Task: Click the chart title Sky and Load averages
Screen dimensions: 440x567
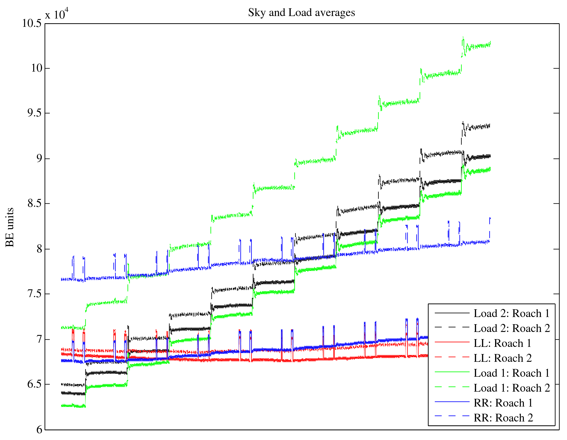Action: point(301,13)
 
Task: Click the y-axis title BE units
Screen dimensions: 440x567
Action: point(10,227)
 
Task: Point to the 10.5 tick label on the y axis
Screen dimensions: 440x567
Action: point(32,23)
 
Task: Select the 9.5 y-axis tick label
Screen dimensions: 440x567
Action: point(34,113)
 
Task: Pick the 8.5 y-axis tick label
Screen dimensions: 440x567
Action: point(34,204)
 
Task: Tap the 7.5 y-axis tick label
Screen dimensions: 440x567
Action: point(34,294)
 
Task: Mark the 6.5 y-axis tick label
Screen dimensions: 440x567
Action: point(34,384)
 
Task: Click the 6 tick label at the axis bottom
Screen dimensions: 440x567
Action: point(39,429)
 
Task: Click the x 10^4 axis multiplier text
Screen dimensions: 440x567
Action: point(57,14)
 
